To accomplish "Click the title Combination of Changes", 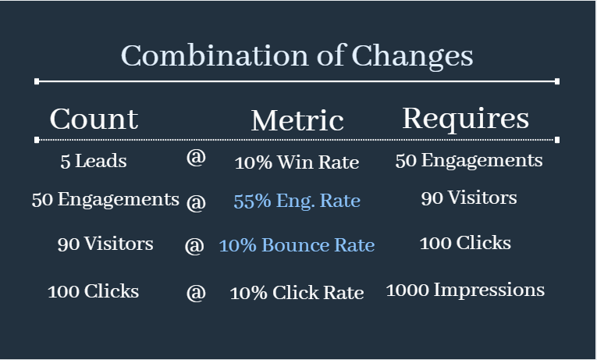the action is point(297,55).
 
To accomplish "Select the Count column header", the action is point(94,119).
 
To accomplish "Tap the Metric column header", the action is point(297,120).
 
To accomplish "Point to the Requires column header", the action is point(466,119).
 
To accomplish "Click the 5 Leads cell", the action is point(94,161).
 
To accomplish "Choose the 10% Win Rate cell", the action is point(297,162).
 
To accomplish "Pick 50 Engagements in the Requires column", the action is point(469,161).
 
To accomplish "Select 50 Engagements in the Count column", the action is point(105,200).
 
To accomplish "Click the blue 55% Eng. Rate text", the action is point(297,201).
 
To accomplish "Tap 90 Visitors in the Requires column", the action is point(469,198).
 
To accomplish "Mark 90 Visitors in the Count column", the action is point(105,244).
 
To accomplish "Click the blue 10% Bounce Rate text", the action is point(297,245).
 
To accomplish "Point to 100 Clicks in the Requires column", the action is point(465,243).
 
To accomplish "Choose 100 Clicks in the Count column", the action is point(94,291).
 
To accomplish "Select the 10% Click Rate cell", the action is point(297,293).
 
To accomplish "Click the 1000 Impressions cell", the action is point(465,290).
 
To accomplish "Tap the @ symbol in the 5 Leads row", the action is point(196,157).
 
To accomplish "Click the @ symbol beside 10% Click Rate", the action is point(196,293).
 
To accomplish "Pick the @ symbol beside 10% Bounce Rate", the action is point(194,246).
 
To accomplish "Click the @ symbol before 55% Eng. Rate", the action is point(196,202).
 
